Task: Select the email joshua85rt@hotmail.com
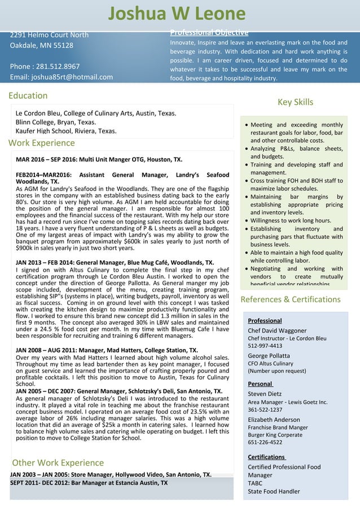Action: [62, 77]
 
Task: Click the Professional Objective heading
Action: [209, 32]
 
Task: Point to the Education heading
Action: [28, 95]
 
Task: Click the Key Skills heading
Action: [295, 102]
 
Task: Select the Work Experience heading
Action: [42, 143]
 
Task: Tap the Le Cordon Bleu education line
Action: [96, 113]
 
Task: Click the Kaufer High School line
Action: [66, 131]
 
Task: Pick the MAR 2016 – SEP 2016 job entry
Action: [99, 160]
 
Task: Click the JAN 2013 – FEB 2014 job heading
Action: [115, 263]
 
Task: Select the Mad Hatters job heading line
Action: [107, 350]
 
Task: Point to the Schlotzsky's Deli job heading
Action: [119, 391]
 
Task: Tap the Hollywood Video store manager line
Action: [111, 474]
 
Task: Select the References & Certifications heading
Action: [290, 299]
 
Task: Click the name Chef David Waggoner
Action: [277, 330]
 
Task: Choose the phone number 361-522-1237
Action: [265, 410]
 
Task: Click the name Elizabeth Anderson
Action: [274, 420]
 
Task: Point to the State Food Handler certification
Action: [274, 491]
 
